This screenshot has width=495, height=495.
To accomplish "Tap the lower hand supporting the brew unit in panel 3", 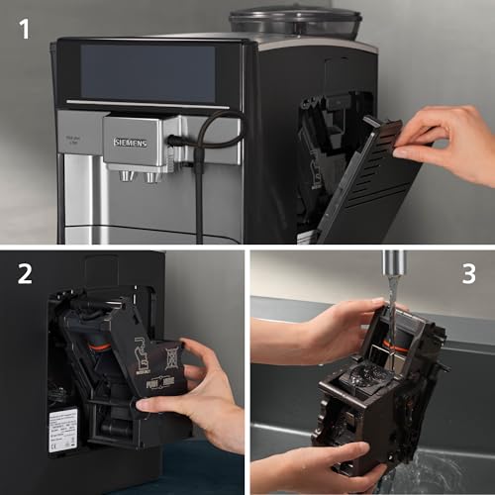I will [x=297, y=465].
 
